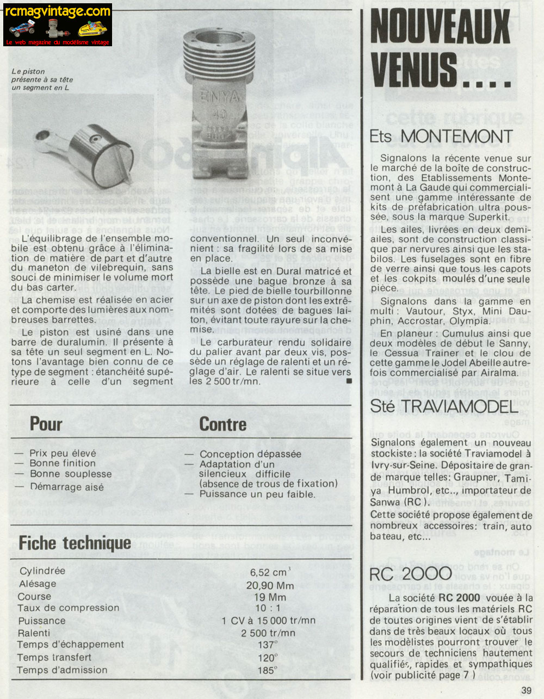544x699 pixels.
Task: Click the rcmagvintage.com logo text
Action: tap(58, 11)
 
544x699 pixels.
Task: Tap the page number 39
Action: tap(526, 690)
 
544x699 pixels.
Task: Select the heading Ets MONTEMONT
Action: tap(441, 136)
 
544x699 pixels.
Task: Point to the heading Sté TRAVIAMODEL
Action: tap(443, 406)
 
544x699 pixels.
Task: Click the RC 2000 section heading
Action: tap(410, 573)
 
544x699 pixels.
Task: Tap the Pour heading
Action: tap(46, 424)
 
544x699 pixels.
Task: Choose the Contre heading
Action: tap(222, 424)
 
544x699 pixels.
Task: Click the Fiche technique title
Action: tap(75, 542)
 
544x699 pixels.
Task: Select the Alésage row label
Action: tap(37, 584)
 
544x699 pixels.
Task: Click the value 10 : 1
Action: tap(268, 608)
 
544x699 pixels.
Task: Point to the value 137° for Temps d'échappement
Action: tap(268, 645)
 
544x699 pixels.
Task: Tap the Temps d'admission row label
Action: tap(61, 670)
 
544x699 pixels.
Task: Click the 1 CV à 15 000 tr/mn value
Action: tap(268, 620)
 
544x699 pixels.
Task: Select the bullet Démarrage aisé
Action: tap(66, 487)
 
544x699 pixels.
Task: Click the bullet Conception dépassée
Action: tap(250, 454)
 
